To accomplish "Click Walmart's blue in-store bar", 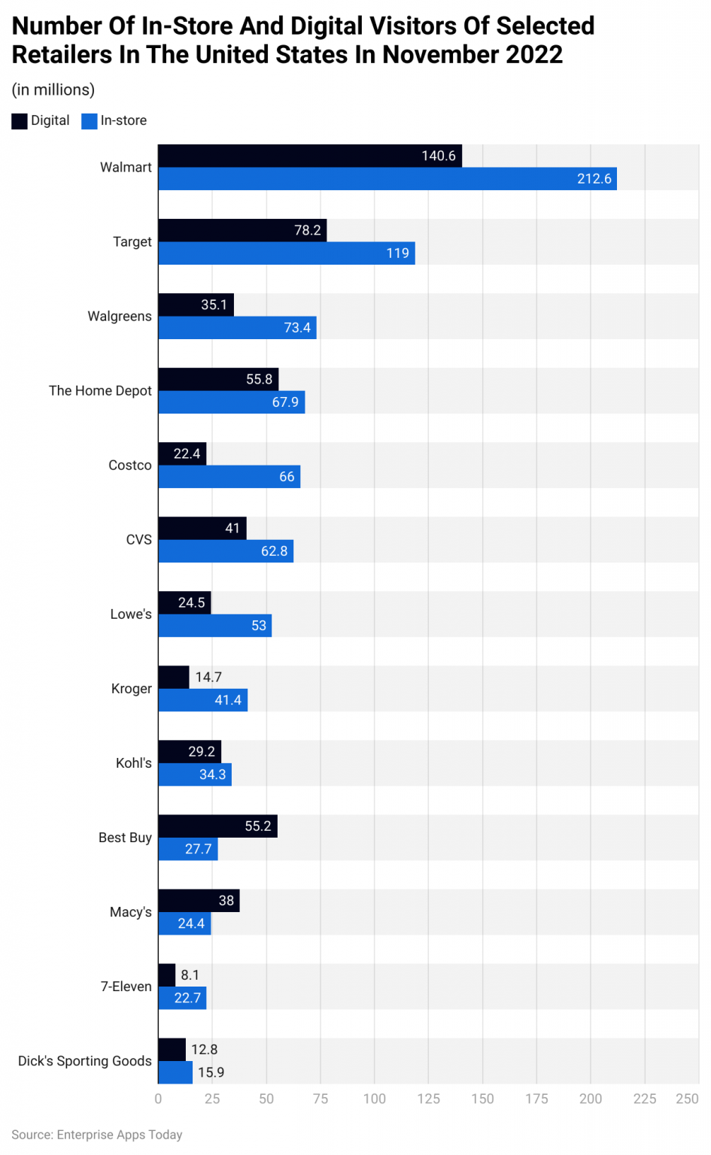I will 387,179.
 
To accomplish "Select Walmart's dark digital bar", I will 310,156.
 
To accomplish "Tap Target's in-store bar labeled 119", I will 286,253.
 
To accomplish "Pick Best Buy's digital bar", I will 217,826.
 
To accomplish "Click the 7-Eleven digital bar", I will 167,975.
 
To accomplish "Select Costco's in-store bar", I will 229,477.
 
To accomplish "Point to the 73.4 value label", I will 297,328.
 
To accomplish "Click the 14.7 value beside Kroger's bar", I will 208,678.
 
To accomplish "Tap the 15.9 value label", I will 211,1072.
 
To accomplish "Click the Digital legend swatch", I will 20,121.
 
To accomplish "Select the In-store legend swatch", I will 90,121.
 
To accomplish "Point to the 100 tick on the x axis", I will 374,1099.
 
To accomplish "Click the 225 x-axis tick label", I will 644,1099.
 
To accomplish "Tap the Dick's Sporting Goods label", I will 85,1061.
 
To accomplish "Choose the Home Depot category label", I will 100,391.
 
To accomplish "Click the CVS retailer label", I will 138,540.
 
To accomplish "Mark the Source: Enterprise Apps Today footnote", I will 97,1135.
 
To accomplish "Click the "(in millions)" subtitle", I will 53,90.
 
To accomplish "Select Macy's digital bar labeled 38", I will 199,901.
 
